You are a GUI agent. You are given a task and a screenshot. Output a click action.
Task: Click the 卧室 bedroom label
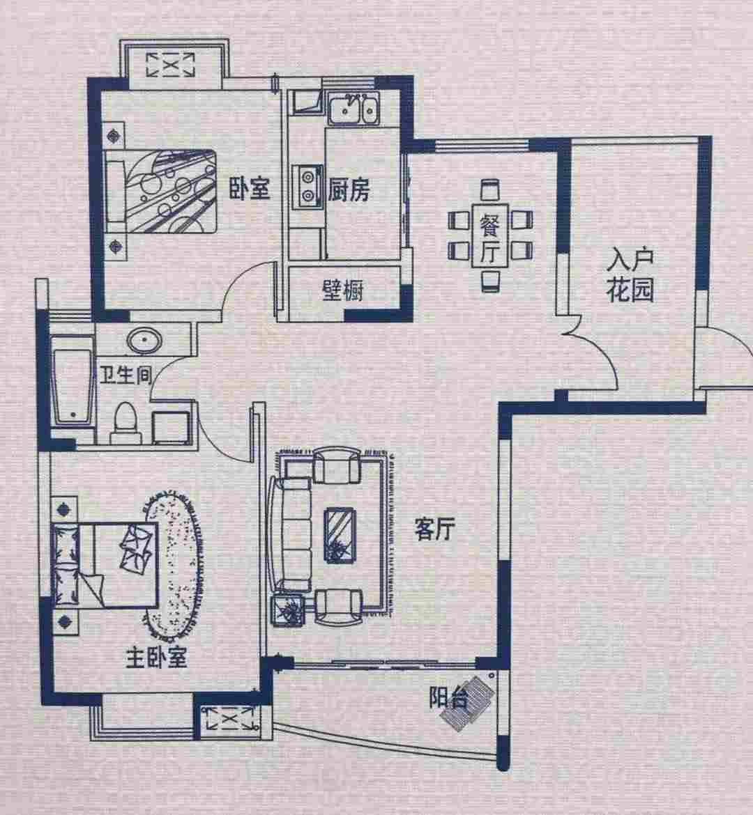coord(250,189)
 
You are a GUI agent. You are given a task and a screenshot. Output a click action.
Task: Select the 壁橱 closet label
coord(343,291)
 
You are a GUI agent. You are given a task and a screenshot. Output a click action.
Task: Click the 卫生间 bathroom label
coord(125,374)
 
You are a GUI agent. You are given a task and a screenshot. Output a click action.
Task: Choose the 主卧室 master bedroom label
coord(155,658)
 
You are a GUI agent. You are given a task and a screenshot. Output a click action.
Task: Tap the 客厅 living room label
coord(435,529)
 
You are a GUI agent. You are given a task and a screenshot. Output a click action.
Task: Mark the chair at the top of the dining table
coord(490,190)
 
